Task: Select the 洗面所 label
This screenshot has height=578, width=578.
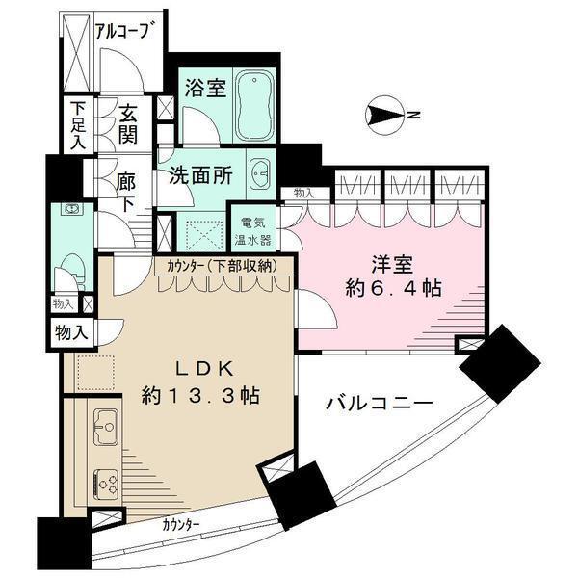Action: [x=197, y=176]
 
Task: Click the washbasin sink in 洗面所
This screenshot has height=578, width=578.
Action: [x=259, y=176]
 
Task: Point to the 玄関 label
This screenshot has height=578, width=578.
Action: [x=126, y=123]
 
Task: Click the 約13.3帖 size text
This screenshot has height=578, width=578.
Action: [x=202, y=396]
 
